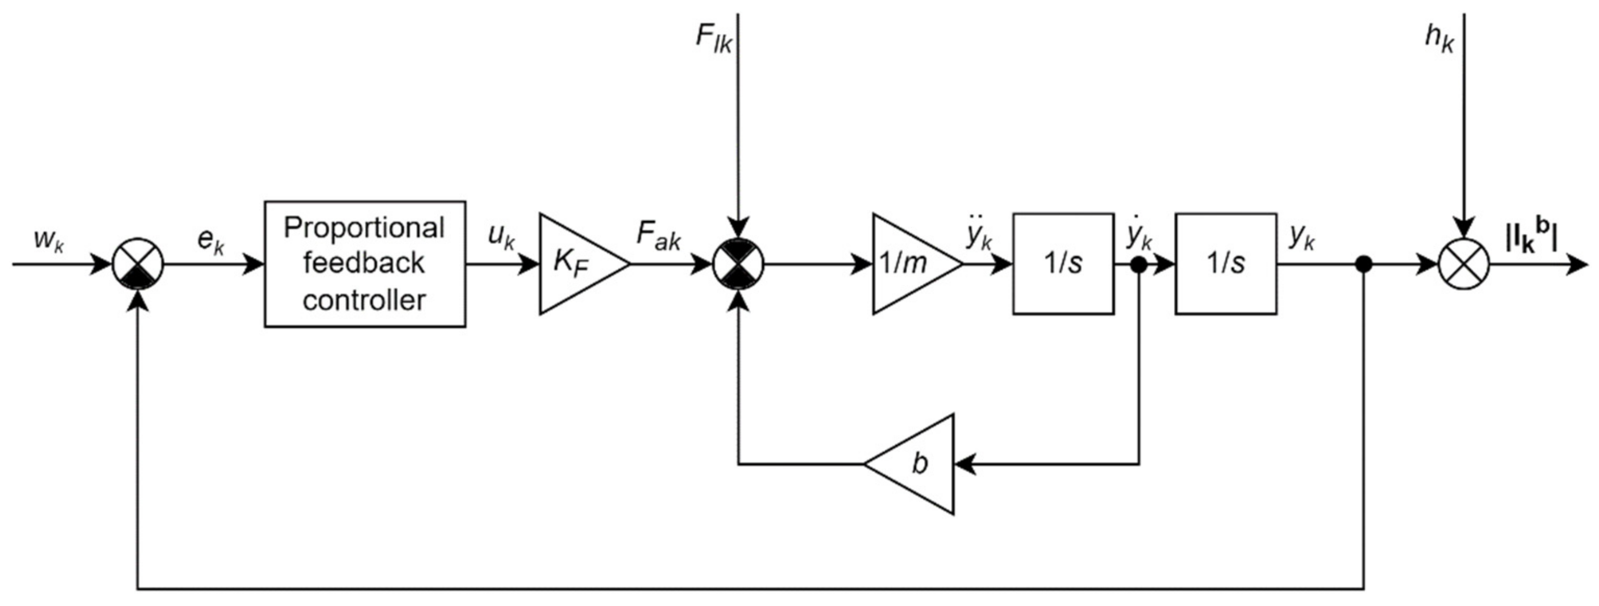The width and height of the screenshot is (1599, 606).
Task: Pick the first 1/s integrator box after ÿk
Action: [1063, 264]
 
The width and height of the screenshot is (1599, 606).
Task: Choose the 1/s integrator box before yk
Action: [1225, 264]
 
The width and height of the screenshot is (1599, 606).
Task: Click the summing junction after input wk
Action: [138, 264]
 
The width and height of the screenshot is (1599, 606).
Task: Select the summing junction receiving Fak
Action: [738, 264]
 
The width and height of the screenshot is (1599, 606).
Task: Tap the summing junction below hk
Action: [1464, 264]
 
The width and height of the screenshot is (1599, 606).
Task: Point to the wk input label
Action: [48, 239]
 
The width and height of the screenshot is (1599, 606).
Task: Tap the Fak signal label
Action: [658, 236]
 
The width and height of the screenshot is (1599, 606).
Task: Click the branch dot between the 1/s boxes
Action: [1139, 265]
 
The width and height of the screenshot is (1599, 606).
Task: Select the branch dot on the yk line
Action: [1363, 265]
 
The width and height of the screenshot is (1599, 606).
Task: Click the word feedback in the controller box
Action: [364, 264]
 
